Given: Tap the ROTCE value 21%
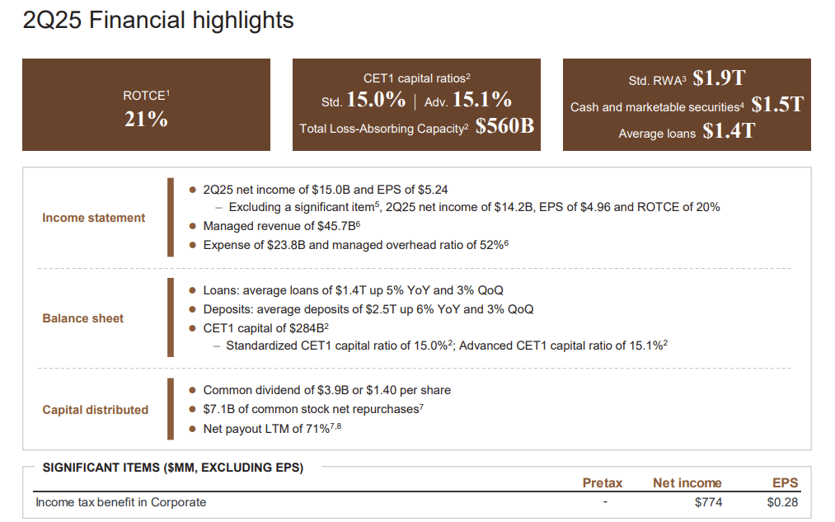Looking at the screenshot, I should click(x=146, y=119).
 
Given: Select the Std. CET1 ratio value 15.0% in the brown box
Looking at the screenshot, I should click(x=375, y=101).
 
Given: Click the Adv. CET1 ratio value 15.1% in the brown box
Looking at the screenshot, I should click(x=482, y=101).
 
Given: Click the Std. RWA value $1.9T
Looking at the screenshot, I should click(x=719, y=78).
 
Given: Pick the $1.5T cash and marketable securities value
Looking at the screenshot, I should click(x=777, y=105).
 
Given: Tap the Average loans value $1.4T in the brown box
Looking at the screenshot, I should click(x=728, y=131).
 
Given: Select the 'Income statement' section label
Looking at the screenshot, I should click(x=93, y=218).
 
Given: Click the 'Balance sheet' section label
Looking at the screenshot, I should click(x=83, y=318).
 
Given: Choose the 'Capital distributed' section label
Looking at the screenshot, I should click(x=96, y=410).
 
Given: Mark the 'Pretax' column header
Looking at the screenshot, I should click(x=603, y=483).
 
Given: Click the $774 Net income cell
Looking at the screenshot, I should click(x=708, y=502).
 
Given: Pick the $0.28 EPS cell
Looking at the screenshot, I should click(x=781, y=502).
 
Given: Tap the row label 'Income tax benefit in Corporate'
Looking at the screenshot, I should click(x=121, y=502).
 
